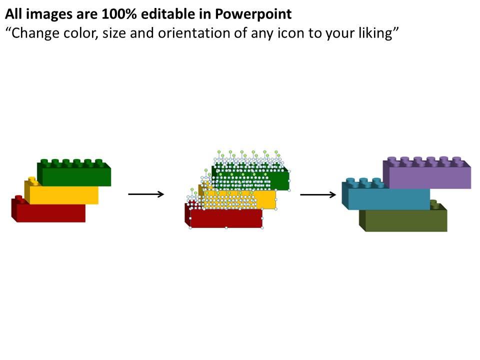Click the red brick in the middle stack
point(226,218)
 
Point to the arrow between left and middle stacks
point(146,194)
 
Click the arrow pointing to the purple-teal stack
point(318,194)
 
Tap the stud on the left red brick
point(19,198)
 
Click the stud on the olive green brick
point(434,203)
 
